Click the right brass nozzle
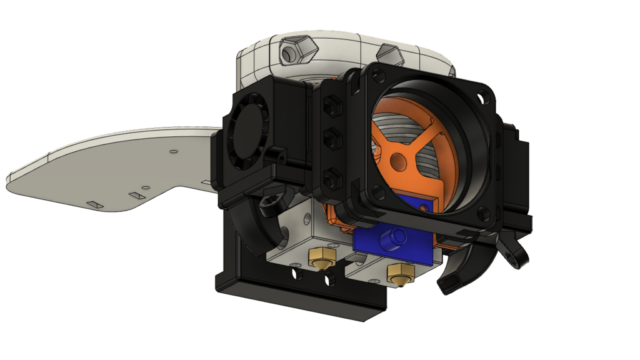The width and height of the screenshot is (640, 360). coord(400,272)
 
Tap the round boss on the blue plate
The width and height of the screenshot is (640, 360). coord(394,237)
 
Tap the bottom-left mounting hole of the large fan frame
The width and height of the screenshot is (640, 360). coord(373,188)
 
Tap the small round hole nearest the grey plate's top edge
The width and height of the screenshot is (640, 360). coord(173,151)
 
